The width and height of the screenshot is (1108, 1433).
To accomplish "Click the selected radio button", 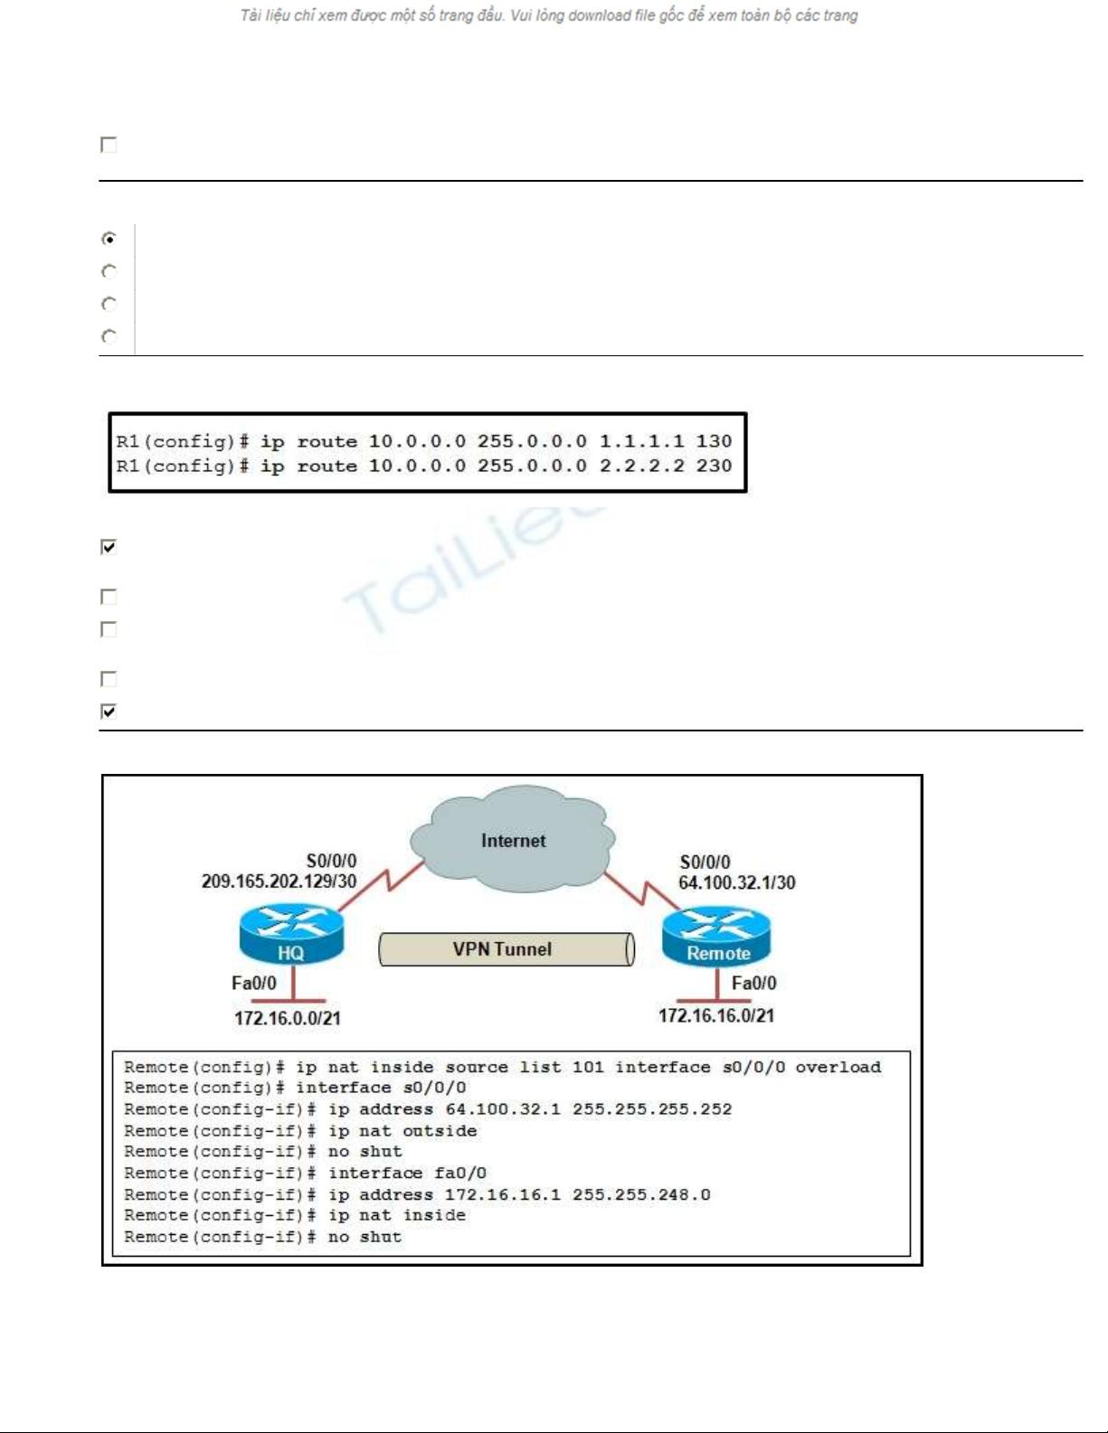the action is point(109,239).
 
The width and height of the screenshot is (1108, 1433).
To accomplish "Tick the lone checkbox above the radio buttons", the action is point(109,145).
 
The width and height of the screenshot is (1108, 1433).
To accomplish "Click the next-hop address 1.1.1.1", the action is point(641,441).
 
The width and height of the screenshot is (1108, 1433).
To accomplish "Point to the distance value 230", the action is point(715,467).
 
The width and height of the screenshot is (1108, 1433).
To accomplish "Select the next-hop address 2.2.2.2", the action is point(641,467).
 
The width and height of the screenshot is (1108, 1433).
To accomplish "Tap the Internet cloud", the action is point(513,838).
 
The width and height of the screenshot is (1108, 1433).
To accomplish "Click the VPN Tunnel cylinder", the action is point(507,949).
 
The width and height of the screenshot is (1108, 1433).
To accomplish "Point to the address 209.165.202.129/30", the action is point(279,881).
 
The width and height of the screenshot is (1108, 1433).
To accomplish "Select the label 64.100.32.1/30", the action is point(736,883).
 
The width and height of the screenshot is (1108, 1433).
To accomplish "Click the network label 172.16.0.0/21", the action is point(288,1018).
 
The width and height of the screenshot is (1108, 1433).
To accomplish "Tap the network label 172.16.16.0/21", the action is point(716,1015).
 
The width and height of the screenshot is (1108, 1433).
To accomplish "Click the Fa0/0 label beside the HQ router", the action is point(254,984).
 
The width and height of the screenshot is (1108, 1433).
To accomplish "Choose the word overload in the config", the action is point(838,1067).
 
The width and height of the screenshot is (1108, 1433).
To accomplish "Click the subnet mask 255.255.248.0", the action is point(641,1195).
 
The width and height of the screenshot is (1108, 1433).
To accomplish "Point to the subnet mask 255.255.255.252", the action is point(651,1109).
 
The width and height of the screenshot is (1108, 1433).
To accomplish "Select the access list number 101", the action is point(588,1067).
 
